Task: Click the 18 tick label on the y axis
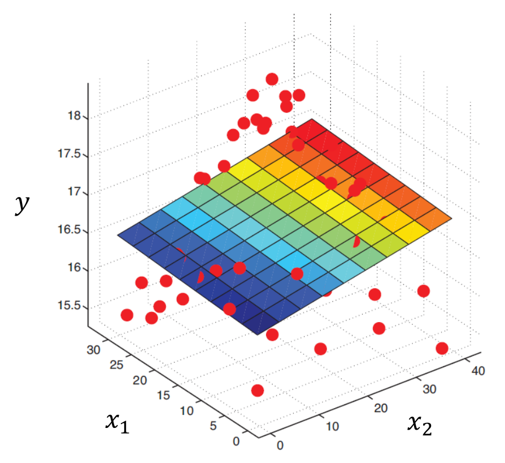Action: click(x=74, y=117)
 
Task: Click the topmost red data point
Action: click(x=272, y=79)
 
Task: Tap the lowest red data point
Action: click(x=258, y=391)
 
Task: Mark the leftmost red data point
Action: click(x=127, y=315)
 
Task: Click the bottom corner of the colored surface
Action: click(x=259, y=335)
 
